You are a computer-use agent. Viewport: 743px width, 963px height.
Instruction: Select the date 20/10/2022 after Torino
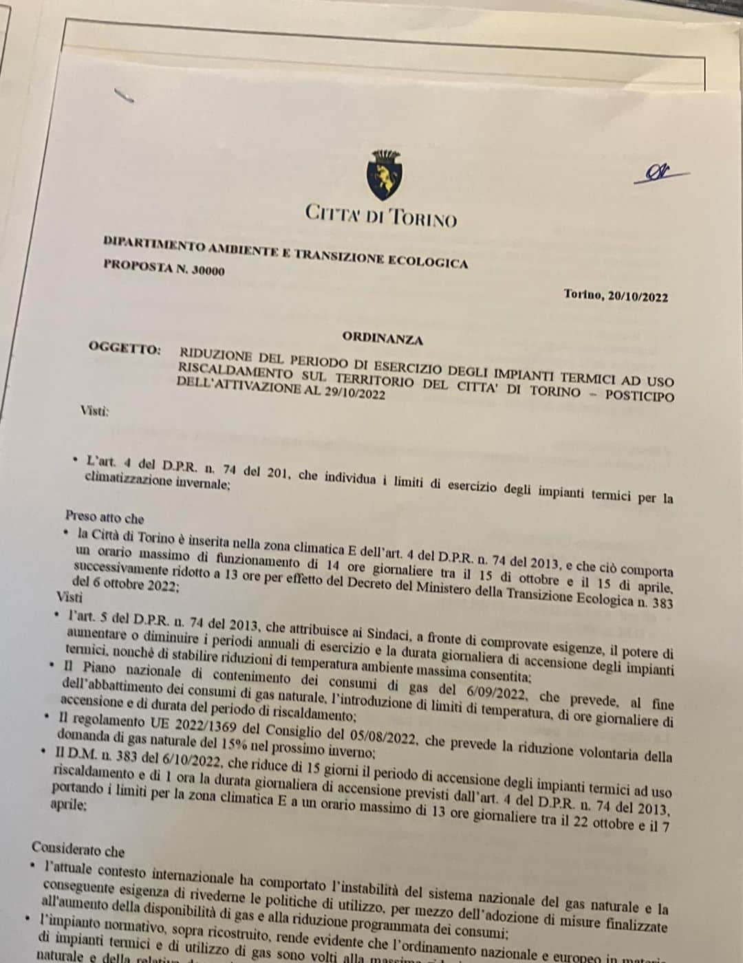tap(638, 296)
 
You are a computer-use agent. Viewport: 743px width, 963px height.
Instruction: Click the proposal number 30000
tap(208, 270)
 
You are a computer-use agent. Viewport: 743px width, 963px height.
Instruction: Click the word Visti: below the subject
tap(94, 411)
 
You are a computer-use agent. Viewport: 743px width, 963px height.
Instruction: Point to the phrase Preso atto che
tap(105, 517)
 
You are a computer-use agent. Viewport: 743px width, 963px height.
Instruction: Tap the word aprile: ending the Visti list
tap(68, 805)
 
